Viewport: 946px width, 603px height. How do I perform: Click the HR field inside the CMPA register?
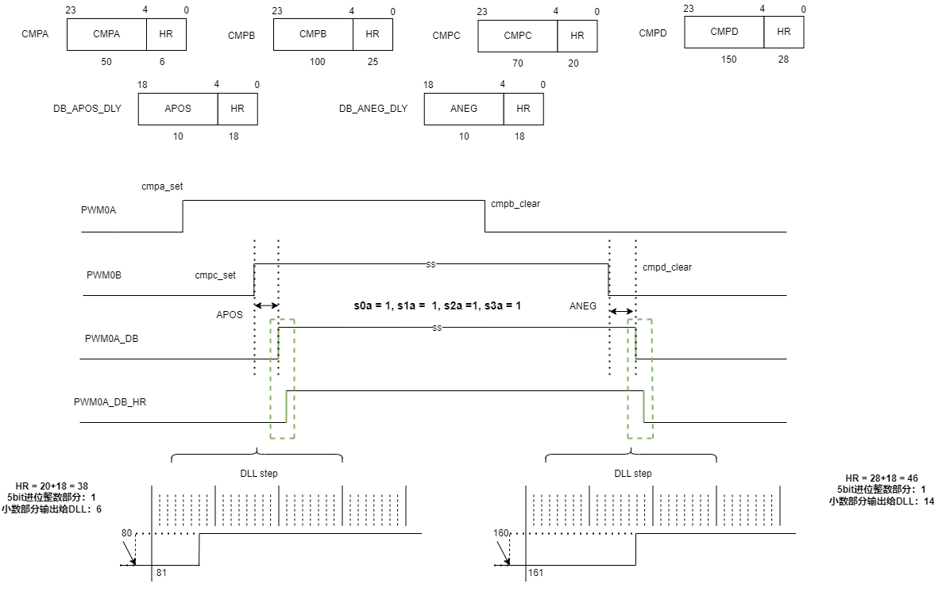[x=166, y=34]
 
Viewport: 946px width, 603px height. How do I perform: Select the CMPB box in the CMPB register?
[x=313, y=34]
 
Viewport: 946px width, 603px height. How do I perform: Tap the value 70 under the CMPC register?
[x=518, y=63]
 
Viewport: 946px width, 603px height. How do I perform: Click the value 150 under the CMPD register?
[x=729, y=60]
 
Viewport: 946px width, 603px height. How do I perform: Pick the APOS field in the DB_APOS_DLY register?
[x=178, y=109]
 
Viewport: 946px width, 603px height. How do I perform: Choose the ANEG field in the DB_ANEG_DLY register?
[x=464, y=109]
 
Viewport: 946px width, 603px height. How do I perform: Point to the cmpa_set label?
[x=162, y=186]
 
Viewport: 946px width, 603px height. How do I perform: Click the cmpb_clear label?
[x=515, y=204]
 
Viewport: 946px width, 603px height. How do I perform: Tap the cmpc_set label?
[x=215, y=275]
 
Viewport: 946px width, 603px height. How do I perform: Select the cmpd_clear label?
[x=667, y=267]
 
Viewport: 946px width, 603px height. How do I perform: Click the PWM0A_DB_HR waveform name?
[x=110, y=402]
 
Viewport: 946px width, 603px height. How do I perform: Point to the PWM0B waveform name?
[x=104, y=275]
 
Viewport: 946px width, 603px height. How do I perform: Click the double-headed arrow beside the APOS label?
[x=266, y=306]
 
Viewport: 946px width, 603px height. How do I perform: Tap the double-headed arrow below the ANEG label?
[x=621, y=312]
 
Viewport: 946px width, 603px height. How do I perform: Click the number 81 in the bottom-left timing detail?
[x=161, y=573]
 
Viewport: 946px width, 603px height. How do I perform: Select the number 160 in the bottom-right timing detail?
[x=500, y=533]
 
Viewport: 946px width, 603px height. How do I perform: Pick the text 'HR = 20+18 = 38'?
[x=52, y=486]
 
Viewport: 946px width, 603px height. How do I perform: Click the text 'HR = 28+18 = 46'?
[x=882, y=478]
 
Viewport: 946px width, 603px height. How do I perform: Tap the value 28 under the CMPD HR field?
[x=783, y=60]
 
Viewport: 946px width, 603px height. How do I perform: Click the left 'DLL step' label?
[x=259, y=474]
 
